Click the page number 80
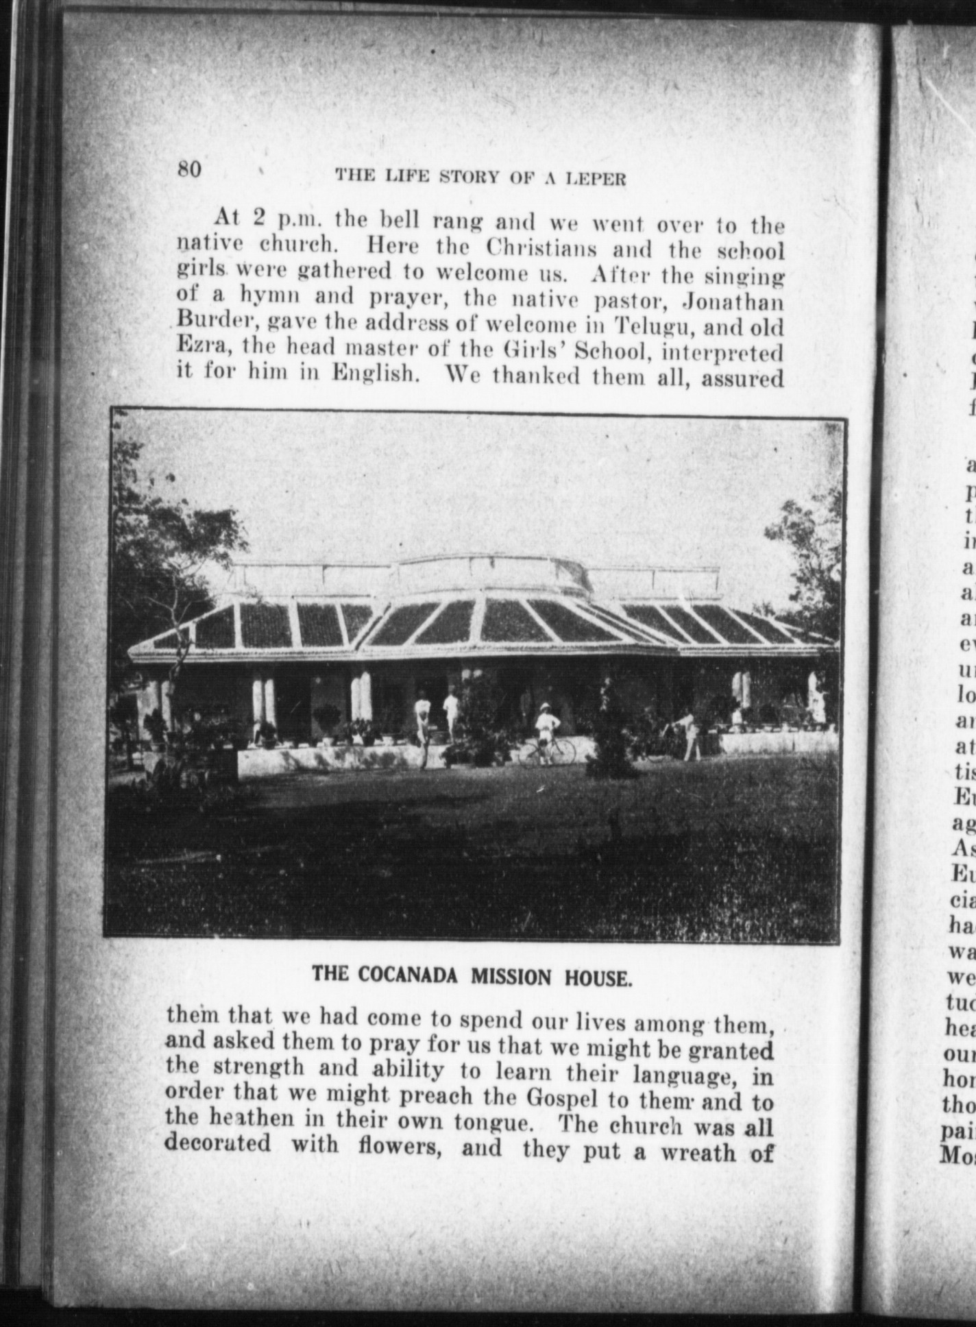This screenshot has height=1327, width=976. (189, 169)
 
